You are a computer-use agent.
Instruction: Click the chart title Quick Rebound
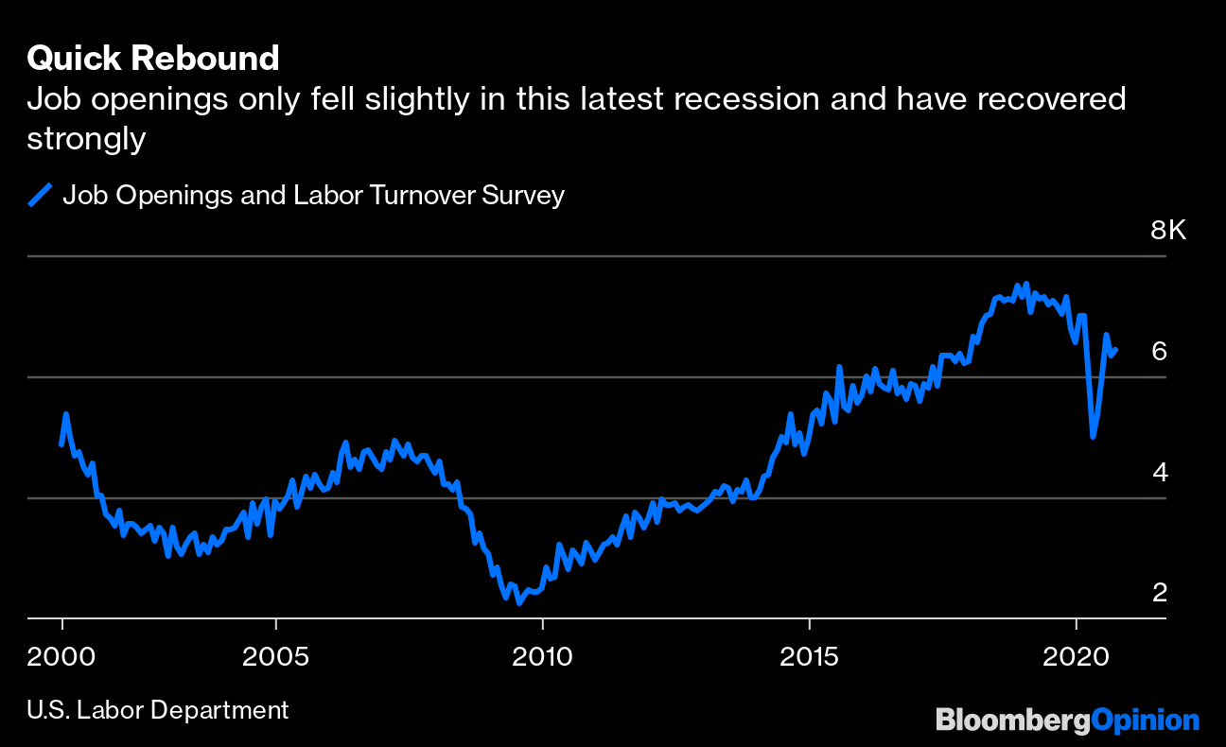[153, 59]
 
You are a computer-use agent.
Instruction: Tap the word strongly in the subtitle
[86, 138]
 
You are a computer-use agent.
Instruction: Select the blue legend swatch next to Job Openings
[40, 196]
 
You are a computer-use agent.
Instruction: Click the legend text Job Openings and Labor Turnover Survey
[313, 196]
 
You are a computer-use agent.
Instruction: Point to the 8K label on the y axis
[1167, 230]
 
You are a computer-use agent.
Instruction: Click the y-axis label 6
[1159, 351]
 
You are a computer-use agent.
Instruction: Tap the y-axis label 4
[1159, 472]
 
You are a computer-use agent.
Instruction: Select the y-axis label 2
[1159, 593]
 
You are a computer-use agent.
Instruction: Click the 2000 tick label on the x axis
[62, 655]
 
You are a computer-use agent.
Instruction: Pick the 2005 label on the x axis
[275, 655]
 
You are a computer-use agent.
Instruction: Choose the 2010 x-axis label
[542, 655]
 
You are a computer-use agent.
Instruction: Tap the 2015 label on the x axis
[810, 655]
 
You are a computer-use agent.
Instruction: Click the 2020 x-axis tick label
[1077, 655]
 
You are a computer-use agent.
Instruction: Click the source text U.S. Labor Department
[157, 709]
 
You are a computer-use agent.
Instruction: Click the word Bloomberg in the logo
[1012, 721]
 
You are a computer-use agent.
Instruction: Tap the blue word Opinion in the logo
[1145, 721]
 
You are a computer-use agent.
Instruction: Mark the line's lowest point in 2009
[518, 602]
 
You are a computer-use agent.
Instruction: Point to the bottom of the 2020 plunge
[1093, 436]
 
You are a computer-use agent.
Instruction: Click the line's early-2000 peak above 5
[65, 414]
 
